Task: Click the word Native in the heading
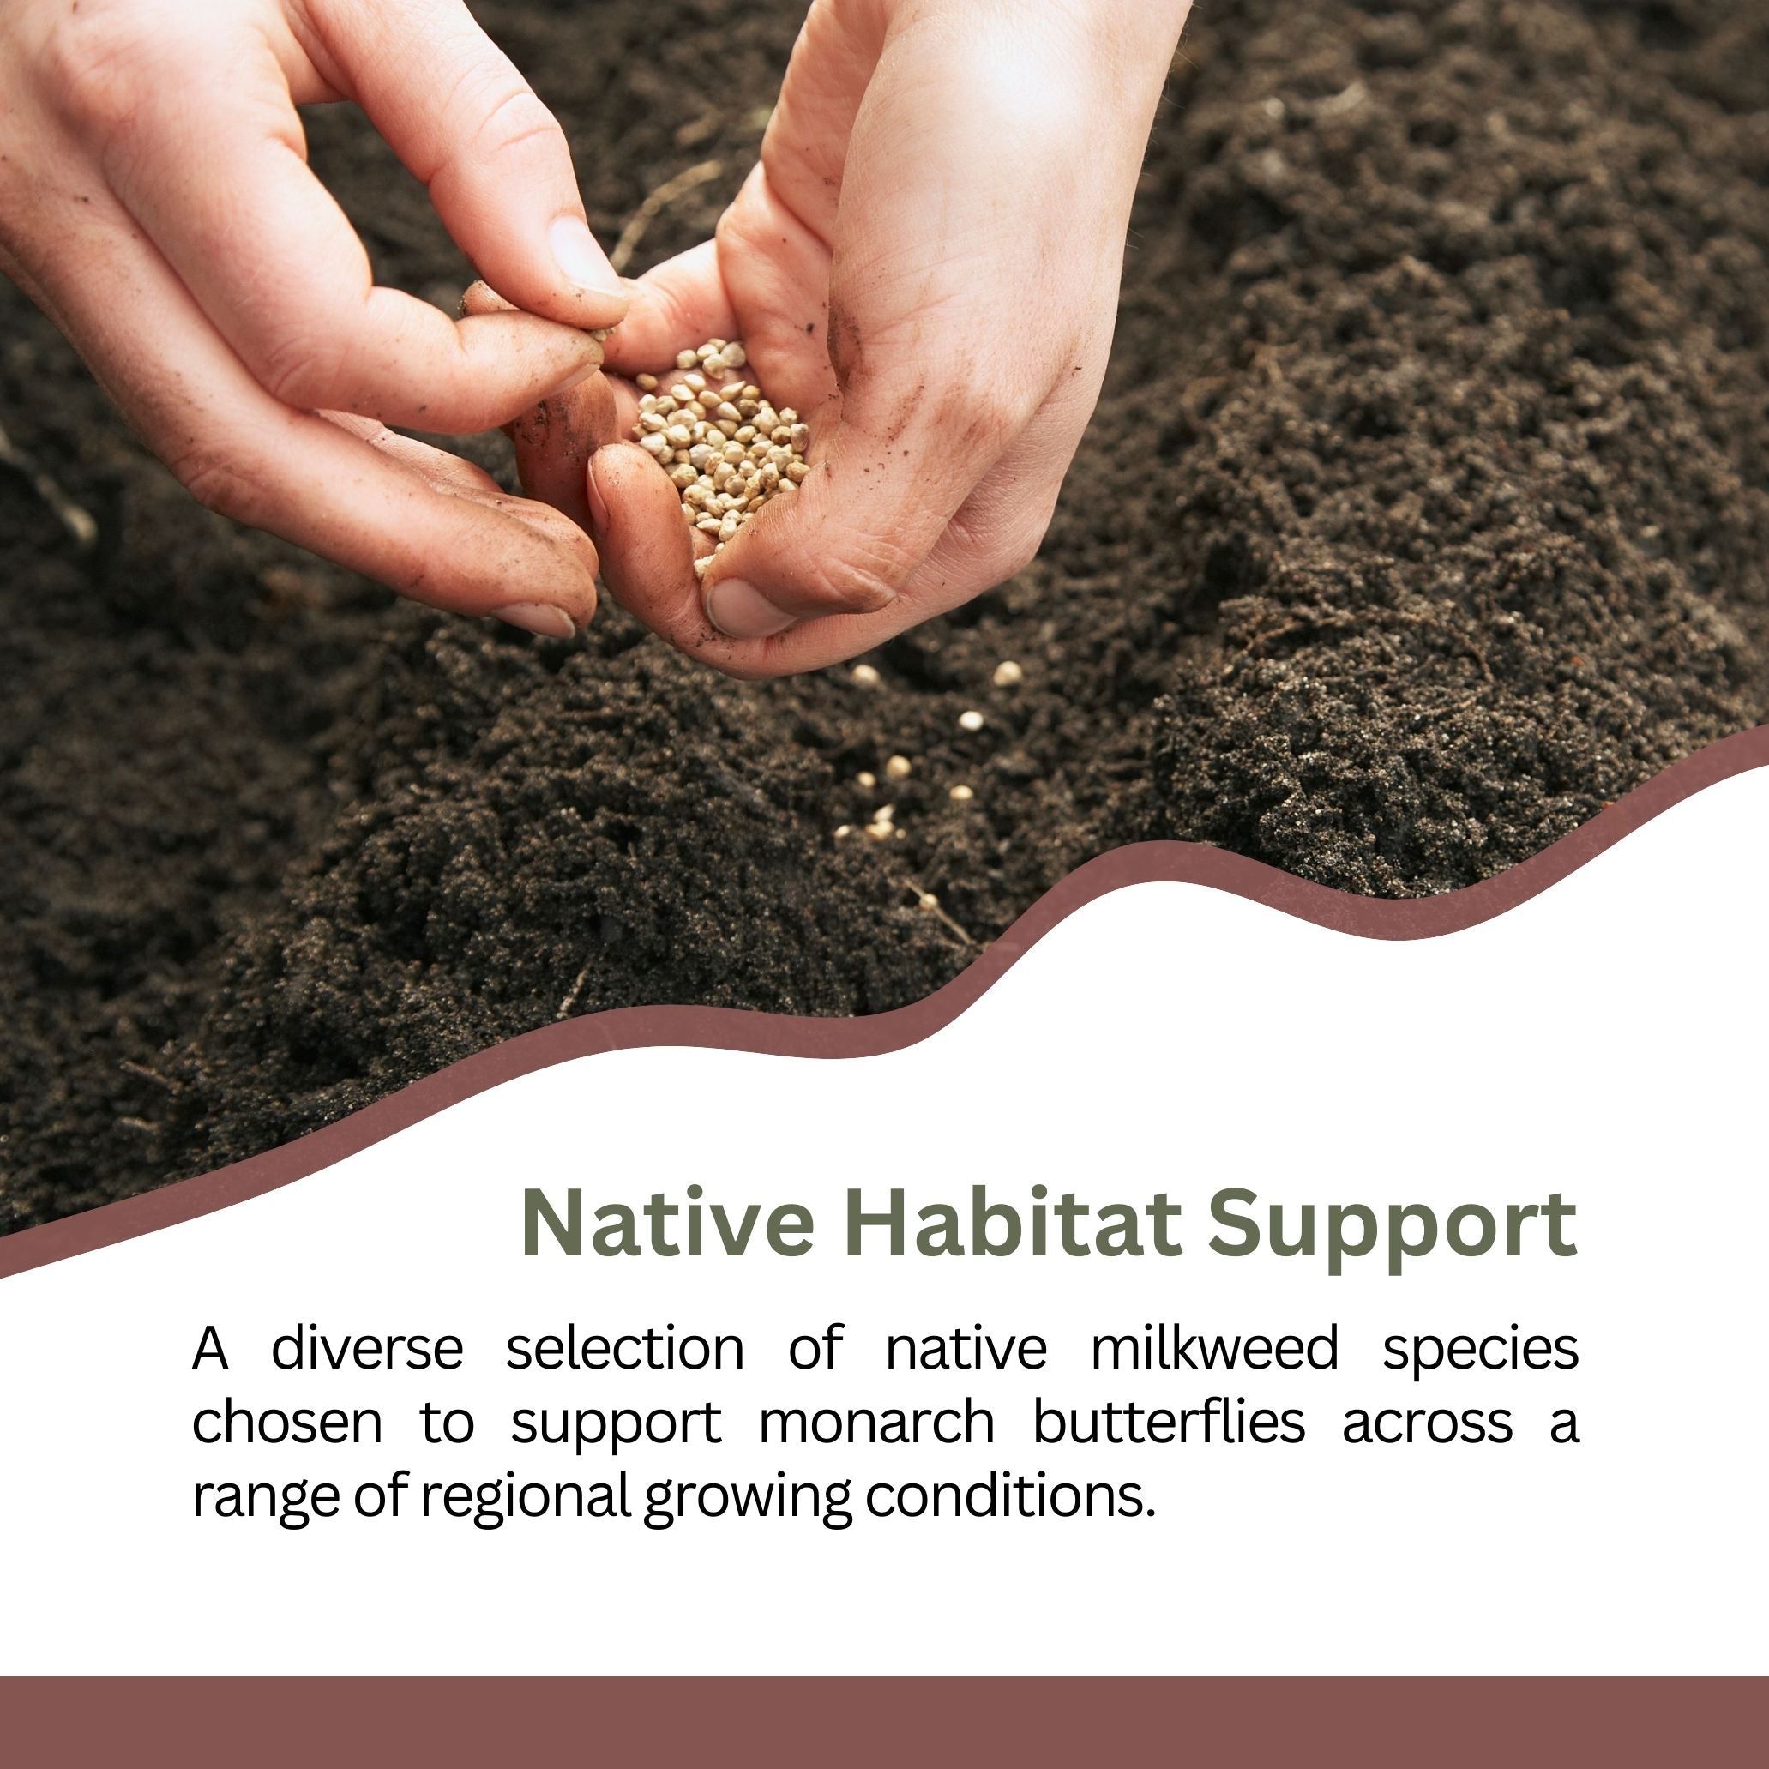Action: (666, 1224)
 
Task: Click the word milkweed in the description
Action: (1214, 1349)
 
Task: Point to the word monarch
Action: (876, 1422)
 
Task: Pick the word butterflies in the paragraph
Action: (1169, 1422)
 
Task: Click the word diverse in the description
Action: (367, 1349)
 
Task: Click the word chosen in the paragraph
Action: (286, 1422)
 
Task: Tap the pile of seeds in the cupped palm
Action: (719, 440)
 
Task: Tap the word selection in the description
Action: (625, 1349)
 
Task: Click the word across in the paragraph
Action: (1428, 1423)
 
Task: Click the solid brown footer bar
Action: (885, 1721)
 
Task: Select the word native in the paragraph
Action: (965, 1349)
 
